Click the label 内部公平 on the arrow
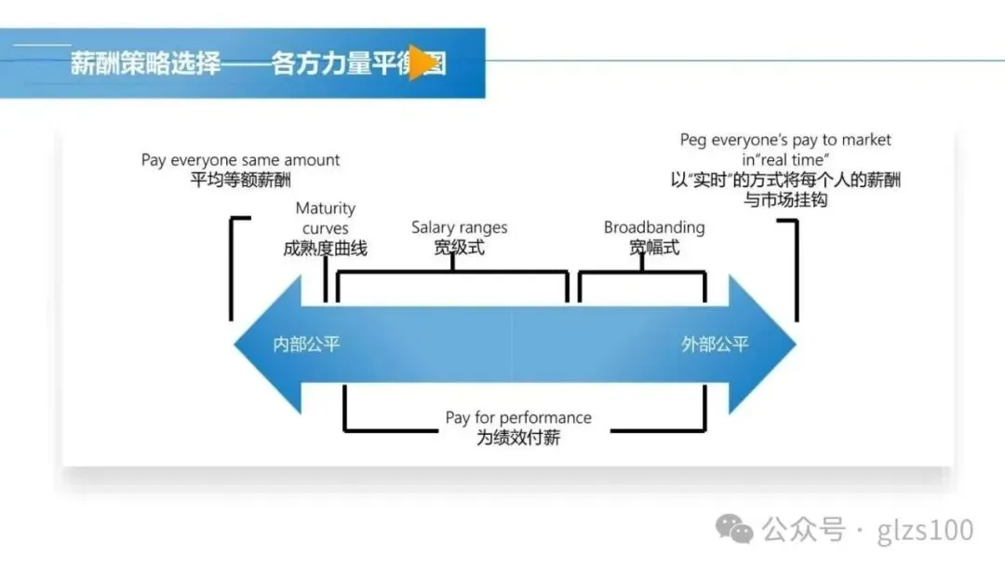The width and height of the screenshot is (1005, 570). point(306,345)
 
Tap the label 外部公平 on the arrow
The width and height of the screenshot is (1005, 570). point(715,345)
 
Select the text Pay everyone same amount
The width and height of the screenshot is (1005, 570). point(240,160)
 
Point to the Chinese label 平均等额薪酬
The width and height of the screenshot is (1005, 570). point(240,181)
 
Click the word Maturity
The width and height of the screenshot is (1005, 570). point(325,209)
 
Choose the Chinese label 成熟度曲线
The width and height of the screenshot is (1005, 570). point(325,249)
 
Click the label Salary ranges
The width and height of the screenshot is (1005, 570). point(460,228)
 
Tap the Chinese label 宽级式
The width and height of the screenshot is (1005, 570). point(460,249)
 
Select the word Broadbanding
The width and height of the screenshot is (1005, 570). point(654,228)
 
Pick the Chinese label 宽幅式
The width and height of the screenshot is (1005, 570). point(654,249)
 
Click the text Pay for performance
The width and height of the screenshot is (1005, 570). point(518,417)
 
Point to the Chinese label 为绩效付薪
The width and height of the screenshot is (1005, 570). point(518,438)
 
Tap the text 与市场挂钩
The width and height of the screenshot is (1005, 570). point(785,200)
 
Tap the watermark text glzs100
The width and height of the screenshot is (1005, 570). point(925,531)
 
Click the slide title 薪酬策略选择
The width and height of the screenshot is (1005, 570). point(146,64)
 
